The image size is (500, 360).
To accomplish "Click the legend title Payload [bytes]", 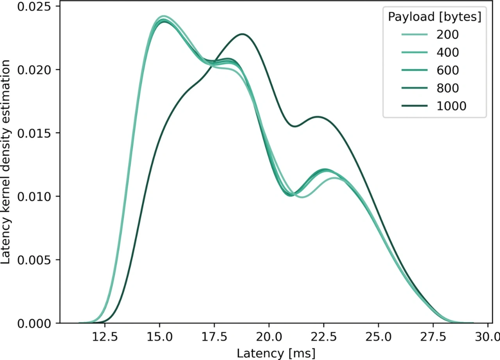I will (434, 17).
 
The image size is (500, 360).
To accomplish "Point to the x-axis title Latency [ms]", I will (276, 353).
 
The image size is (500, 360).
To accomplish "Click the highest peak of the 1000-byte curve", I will (243, 34).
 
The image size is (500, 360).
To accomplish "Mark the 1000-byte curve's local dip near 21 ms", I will (295, 126).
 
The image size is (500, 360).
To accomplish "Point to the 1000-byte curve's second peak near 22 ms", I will (317, 116).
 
